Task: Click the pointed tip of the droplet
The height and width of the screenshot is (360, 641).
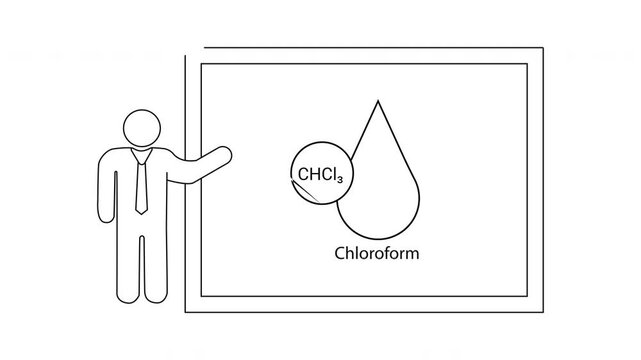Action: coord(378,100)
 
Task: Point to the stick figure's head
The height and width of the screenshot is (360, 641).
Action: coord(141,127)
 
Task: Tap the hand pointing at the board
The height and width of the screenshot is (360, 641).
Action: coord(224,155)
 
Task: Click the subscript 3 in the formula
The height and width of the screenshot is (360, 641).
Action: coord(341,180)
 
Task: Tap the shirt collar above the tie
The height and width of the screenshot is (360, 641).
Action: coord(141,152)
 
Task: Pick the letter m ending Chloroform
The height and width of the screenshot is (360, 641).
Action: coord(413,253)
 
